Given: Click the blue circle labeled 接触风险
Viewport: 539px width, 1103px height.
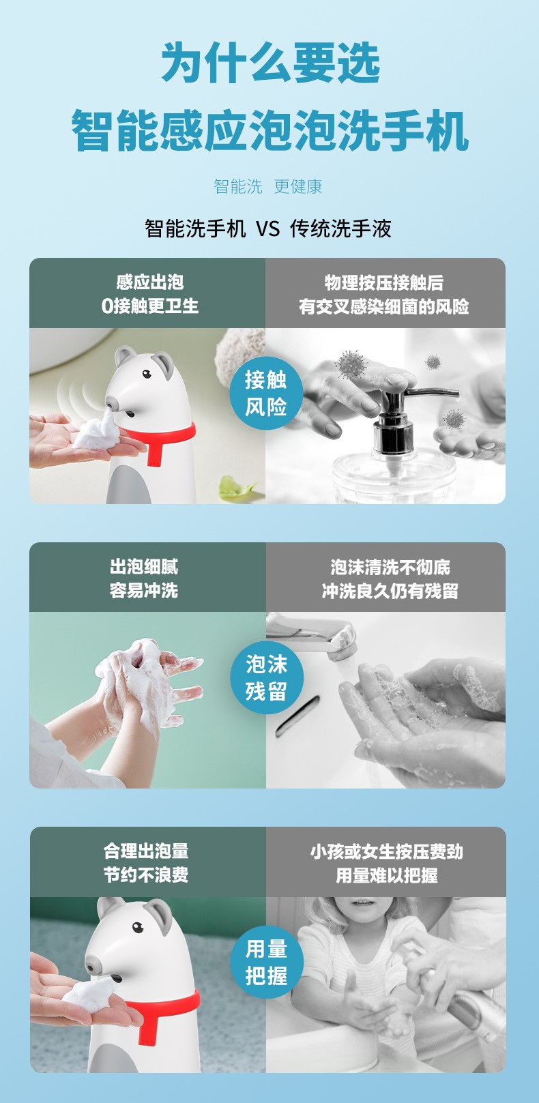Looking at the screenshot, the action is pyautogui.click(x=266, y=393).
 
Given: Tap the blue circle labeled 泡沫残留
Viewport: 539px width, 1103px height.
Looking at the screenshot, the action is pyautogui.click(x=267, y=677).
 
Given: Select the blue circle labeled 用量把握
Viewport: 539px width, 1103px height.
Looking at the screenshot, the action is pyautogui.click(x=267, y=962).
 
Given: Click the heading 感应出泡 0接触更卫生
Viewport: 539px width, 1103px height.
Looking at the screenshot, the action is pyautogui.click(x=150, y=294).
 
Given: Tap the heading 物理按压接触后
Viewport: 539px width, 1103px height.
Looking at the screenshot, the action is pyautogui.click(x=384, y=282).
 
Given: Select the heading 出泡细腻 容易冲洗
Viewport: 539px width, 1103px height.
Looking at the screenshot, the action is pyautogui.click(x=144, y=578).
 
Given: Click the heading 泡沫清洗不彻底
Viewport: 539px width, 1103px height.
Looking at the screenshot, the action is pyautogui.click(x=390, y=568).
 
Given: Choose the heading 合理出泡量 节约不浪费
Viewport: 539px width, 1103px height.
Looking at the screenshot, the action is pyautogui.click(x=146, y=863).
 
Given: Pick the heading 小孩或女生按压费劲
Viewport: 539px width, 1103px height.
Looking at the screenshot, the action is pyautogui.click(x=387, y=852).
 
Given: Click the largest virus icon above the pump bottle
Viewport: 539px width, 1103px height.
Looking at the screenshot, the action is pyautogui.click(x=351, y=364).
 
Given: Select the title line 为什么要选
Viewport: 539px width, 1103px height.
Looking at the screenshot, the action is pyautogui.click(x=270, y=63).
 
